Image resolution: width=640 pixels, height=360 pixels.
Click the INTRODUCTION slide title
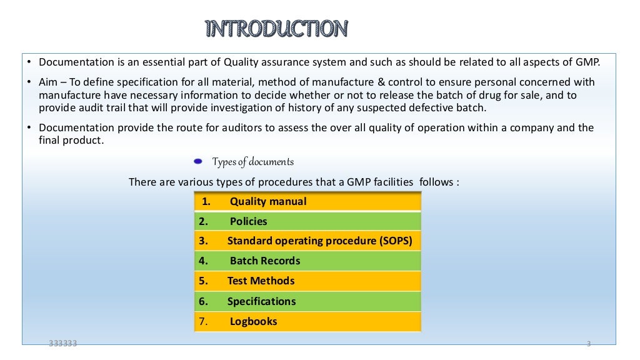pos(276,29)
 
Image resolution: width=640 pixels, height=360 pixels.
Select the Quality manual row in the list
pos(268,201)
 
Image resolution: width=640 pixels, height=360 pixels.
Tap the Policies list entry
pos(248,221)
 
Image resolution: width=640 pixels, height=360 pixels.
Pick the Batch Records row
pos(264,261)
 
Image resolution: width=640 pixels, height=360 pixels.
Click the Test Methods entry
pos(261,281)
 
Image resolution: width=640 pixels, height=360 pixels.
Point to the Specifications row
pos(261,301)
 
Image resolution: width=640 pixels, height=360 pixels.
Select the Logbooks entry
pos(253,322)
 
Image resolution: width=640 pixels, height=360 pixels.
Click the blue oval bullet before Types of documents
pos(198,162)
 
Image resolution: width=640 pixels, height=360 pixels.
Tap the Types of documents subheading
pos(252,162)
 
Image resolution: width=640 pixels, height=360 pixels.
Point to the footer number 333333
pos(63,343)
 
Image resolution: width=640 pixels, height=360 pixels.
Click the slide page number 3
pos(589,344)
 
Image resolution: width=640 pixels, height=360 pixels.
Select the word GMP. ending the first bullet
pos(587,62)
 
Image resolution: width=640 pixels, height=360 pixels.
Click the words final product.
pos(71,141)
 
